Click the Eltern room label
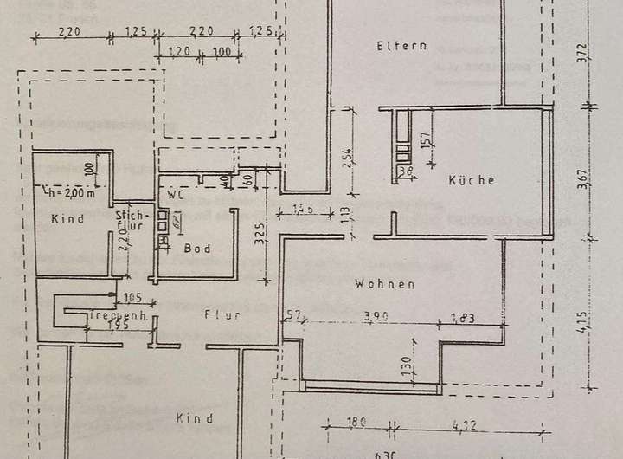pos(401,46)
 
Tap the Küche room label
pos(472,181)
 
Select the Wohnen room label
pos(385,284)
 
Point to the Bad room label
pos(197,249)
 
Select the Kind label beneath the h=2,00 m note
pos(67,219)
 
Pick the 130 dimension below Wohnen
pos(404,365)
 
